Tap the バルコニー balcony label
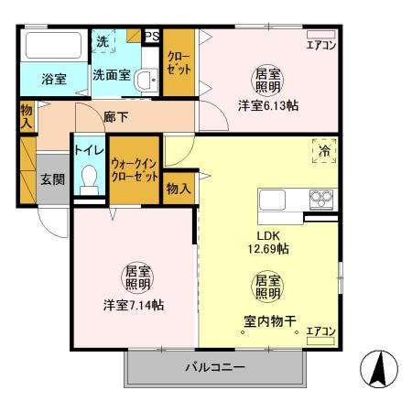click(x=215, y=368)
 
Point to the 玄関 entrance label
click(x=52, y=179)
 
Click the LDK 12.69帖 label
click(x=266, y=242)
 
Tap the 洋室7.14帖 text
click(x=133, y=304)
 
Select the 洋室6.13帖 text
click(x=268, y=104)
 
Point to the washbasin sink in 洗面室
click(x=145, y=81)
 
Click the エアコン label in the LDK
click(x=320, y=331)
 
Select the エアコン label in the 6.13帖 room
click(x=320, y=45)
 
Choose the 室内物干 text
click(x=267, y=320)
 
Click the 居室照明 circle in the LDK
click(x=266, y=287)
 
